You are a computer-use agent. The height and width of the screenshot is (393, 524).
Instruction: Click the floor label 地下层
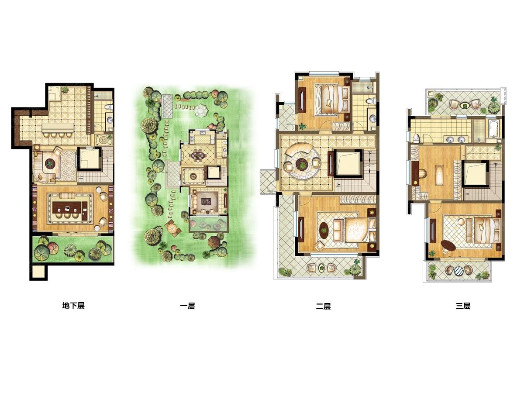pyautogui.click(x=73, y=306)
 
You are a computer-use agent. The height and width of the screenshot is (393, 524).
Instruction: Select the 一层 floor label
pyautogui.click(x=188, y=306)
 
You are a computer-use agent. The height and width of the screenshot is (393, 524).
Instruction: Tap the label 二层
pyautogui.click(x=323, y=306)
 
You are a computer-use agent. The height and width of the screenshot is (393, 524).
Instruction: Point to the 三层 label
pyautogui.click(x=463, y=306)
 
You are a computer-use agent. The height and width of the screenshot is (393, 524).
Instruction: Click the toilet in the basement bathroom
pyautogui.click(x=109, y=107)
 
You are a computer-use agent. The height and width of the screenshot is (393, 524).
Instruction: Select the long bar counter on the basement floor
pyautogui.click(x=58, y=128)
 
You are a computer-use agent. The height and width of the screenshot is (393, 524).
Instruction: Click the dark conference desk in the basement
pyautogui.click(x=70, y=210)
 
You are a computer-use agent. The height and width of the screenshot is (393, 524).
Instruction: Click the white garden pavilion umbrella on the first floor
pyautogui.click(x=201, y=110)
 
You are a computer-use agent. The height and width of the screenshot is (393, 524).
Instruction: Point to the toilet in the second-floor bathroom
pyautogui.click(x=370, y=101)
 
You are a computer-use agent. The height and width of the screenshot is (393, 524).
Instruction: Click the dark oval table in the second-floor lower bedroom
pyautogui.click(x=324, y=230)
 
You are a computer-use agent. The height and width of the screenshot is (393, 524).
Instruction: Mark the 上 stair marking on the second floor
pyautogui.click(x=338, y=184)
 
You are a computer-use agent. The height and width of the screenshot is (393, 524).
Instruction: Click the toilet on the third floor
pyautogui.click(x=416, y=138)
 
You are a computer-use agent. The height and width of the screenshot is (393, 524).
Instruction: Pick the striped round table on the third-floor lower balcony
pyautogui.click(x=458, y=271)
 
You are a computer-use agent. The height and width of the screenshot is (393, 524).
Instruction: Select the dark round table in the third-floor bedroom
pyautogui.click(x=448, y=245)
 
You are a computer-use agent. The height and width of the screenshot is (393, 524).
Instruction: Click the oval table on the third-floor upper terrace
pyautogui.click(x=464, y=105)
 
